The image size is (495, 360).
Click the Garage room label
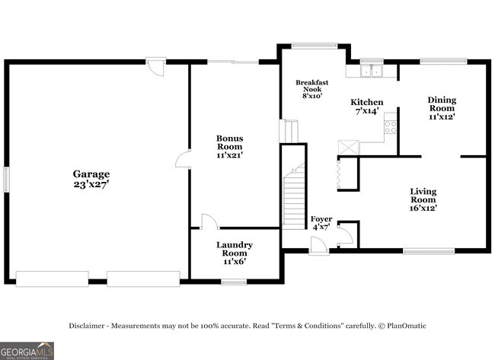click(91, 174)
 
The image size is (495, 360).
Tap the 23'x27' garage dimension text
click(91, 185)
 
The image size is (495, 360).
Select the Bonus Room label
click(229, 142)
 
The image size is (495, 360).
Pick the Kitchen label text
click(366, 102)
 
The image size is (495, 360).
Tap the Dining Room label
click(442, 104)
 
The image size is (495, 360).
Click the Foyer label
click(321, 219)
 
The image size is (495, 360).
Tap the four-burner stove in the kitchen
click(390, 127)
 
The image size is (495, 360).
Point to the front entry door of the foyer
click(320, 247)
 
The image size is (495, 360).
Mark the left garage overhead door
click(53, 278)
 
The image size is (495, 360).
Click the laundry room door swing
click(209, 221)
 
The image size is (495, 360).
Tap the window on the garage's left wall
click(7, 180)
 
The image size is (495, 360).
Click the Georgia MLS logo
click(27, 350)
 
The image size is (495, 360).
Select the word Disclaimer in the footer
click(91, 326)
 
